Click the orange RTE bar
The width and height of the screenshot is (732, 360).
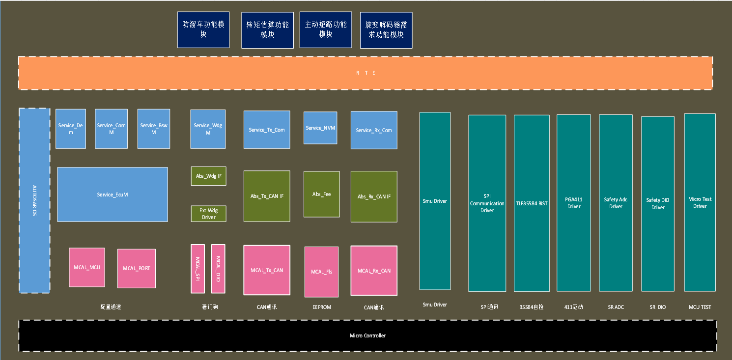[x=365, y=73]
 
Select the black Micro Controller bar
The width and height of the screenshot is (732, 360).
[x=367, y=335]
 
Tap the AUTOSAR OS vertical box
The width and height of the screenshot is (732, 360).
[x=34, y=200]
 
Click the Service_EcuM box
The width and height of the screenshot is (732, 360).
[x=113, y=194]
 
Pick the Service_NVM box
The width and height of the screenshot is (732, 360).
[x=320, y=128]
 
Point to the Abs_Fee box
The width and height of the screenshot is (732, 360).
[x=321, y=194]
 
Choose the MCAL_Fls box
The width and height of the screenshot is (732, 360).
[x=321, y=272]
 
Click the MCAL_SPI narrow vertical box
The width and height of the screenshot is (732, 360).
[x=197, y=269]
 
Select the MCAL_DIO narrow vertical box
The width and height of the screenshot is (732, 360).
[x=218, y=269]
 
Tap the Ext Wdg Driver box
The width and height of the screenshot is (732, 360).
[x=208, y=214]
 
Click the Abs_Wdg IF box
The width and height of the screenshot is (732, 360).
[x=208, y=176]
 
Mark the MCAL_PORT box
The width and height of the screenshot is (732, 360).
[x=137, y=268]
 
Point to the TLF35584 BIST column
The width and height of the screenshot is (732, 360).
[x=532, y=203]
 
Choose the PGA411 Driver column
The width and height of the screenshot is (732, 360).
[x=574, y=203]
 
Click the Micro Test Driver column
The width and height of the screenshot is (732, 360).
[x=700, y=202]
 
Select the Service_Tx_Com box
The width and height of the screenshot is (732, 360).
[x=267, y=130]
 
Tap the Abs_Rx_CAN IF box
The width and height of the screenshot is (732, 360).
[x=374, y=196]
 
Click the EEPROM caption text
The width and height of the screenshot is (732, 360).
[x=322, y=307]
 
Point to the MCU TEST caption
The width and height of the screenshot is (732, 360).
[x=700, y=307]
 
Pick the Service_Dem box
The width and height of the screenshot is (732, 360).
[x=71, y=129]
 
